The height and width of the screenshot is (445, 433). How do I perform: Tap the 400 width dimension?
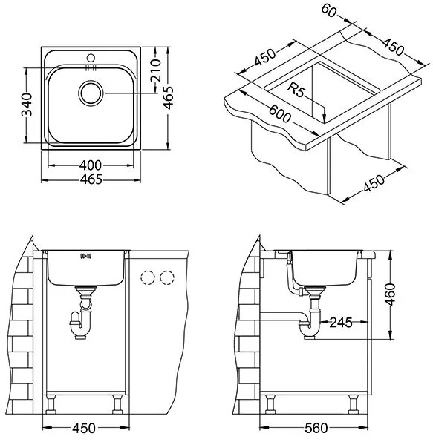coord(92,166)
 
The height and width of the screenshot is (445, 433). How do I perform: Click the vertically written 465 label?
coord(170,96)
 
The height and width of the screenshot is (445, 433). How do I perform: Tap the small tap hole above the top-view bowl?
coord(93,56)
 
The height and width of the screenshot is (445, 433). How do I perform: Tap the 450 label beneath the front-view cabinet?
coord(85,428)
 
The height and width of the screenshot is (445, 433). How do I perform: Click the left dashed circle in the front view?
coord(149,278)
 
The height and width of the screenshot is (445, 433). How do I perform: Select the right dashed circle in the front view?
coord(167,278)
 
